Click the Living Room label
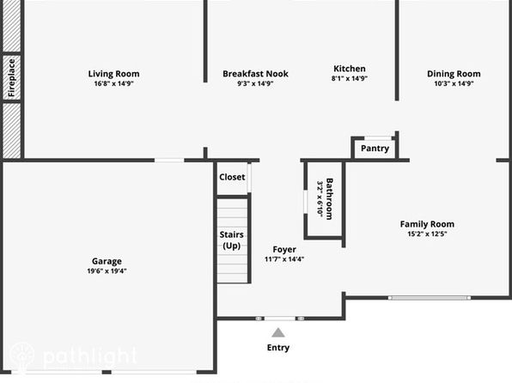click(x=113, y=74)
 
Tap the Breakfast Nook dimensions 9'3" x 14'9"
click(x=255, y=83)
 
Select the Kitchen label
click(x=350, y=69)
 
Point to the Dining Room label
click(x=454, y=74)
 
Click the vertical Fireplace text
click(x=12, y=77)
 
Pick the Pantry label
click(x=375, y=149)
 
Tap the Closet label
click(x=232, y=177)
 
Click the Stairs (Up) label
click(x=231, y=240)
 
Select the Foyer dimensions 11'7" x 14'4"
click(x=284, y=259)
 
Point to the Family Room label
click(x=427, y=224)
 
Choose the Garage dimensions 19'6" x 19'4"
click(x=107, y=271)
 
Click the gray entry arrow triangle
click(x=278, y=332)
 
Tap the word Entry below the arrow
click(x=278, y=348)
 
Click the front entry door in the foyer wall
click(x=279, y=319)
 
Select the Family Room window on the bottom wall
click(x=430, y=298)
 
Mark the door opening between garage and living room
click(x=169, y=161)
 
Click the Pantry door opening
click(x=378, y=138)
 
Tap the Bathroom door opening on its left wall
click(x=306, y=202)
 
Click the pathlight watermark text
click(x=89, y=356)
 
